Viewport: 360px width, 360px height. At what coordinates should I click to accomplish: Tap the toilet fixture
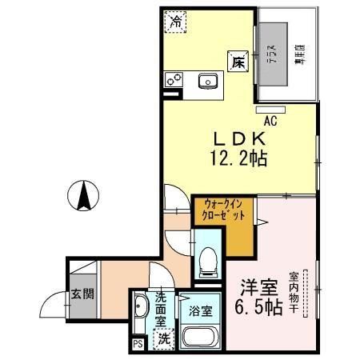[207, 258]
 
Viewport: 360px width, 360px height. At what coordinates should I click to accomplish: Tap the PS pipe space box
[138, 345]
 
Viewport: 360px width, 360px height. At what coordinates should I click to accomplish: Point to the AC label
[270, 121]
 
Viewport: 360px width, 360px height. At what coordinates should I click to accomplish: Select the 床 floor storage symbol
[238, 63]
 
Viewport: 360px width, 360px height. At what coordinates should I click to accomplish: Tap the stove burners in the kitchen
[174, 80]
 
